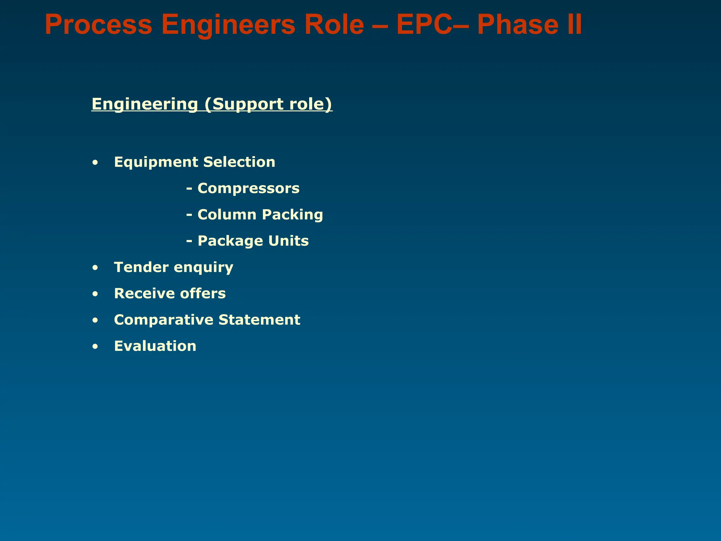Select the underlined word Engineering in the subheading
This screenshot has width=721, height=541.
point(145,104)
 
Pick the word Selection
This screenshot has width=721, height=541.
point(239,162)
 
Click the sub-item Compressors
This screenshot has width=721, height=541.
point(248,188)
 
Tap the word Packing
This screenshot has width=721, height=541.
point(292,215)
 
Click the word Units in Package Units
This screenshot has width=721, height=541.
point(288,241)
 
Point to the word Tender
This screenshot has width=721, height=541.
point(141,267)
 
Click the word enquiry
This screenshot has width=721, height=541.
point(203,268)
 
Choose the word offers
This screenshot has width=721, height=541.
point(203,293)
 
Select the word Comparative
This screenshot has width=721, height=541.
point(164,320)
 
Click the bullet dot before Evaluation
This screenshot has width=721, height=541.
point(95,347)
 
